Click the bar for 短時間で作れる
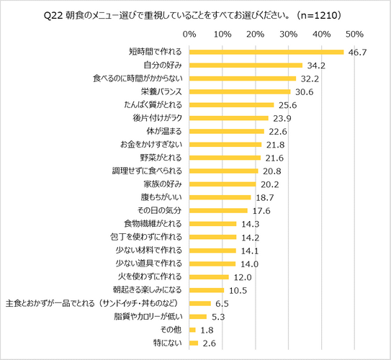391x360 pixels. tap(266, 52)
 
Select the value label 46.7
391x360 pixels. tap(358, 53)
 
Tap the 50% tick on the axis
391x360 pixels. tap(354, 34)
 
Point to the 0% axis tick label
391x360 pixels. tap(189, 34)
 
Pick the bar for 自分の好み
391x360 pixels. tap(246, 65)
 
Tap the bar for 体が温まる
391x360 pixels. tap(226, 131)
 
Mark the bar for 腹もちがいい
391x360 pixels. tap(220, 197)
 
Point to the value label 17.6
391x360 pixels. tap(261, 210)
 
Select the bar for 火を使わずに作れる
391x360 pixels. tap(209, 276)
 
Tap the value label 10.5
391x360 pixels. tap(238, 289)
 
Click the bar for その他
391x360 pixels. tap(192, 329)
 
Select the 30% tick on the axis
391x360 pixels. tap(289, 34)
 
